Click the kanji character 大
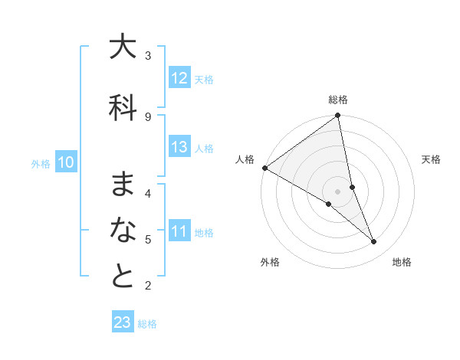pos(123,47)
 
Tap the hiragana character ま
pos(123,184)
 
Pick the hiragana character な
pos(123,230)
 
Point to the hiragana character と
pos(123,277)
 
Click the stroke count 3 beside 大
pos(148,55)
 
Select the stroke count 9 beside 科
pos(148,116)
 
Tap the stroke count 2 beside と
pos(148,286)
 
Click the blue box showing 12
pos(179,78)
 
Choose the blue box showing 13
pos(179,147)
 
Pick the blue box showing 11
pos(179,231)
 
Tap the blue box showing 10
pos(66,162)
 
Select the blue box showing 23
pos(123,322)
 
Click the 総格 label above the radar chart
pos(338,100)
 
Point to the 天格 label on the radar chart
pos(432,159)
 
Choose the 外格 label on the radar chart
pos(270,262)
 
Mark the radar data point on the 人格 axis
pos(264,168)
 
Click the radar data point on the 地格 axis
pos(374,242)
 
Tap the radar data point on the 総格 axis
pos(338,116)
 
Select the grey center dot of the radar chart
pos(337,191)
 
